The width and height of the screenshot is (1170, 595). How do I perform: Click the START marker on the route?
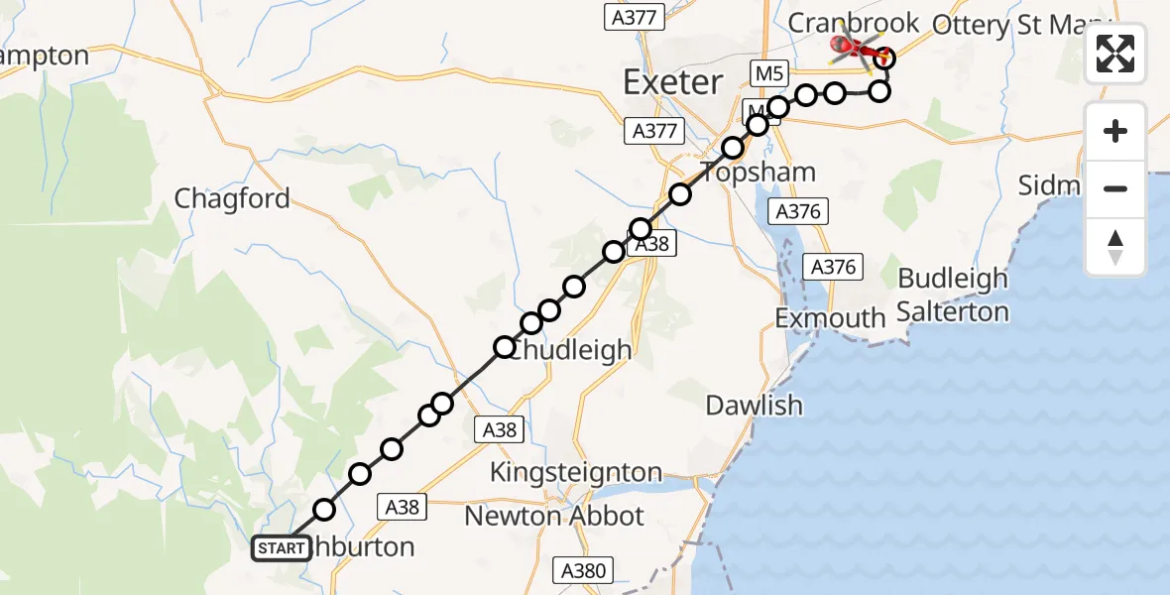(282, 547)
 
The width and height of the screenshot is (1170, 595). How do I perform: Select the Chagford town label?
(232, 198)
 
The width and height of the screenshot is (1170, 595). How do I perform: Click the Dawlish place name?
(754, 405)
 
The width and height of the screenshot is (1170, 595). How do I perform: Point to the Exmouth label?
(830, 318)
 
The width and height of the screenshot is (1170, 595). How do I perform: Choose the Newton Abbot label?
(554, 516)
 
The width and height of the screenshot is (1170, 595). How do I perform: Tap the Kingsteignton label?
(576, 472)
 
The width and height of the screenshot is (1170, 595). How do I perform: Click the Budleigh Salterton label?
(953, 295)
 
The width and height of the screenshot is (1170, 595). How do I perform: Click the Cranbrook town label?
(854, 21)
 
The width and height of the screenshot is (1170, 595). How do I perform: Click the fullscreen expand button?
(1115, 54)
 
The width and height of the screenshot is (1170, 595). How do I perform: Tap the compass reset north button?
(1115, 246)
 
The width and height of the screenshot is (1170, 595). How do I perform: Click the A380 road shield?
(583, 570)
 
